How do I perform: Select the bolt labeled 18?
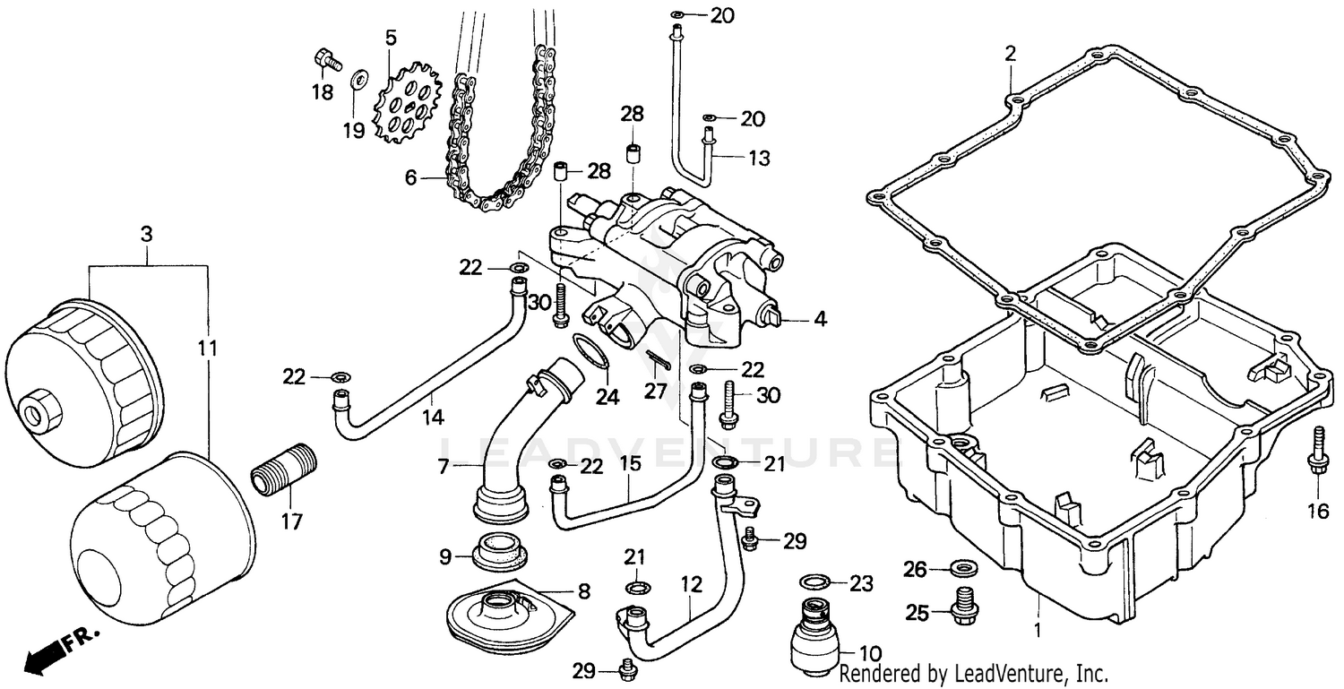328,61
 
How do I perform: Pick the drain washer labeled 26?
964,568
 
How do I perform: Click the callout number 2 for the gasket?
1010,54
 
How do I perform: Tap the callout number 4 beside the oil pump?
819,318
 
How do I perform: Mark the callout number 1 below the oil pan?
1038,630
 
